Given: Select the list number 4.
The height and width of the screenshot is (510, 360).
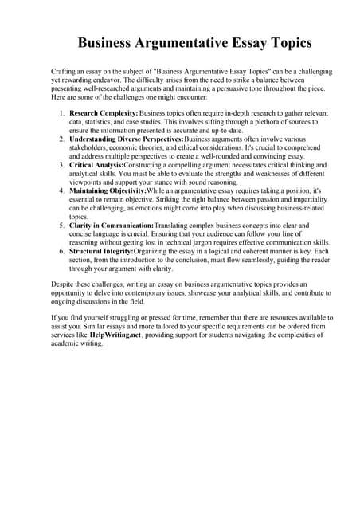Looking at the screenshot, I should (x=62, y=191).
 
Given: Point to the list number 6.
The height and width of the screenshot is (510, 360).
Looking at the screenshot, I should (x=62, y=251).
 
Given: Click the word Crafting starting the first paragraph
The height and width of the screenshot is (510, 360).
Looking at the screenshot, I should (x=64, y=72).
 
